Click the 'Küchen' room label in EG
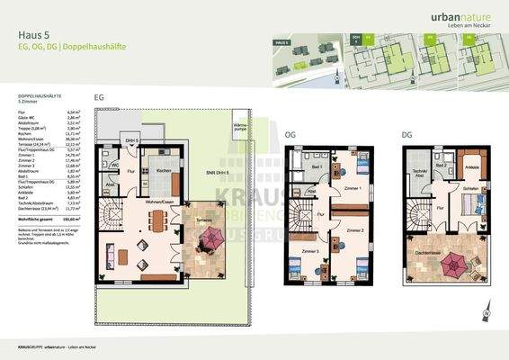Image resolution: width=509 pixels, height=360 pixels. point(163,171)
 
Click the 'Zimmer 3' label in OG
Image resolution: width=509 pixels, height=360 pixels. point(309,249)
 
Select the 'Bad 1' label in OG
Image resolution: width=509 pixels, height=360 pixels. point(316,167)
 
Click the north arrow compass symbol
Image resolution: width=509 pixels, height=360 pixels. point(487,314)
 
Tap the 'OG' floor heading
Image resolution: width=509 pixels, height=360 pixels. point(290,135)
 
